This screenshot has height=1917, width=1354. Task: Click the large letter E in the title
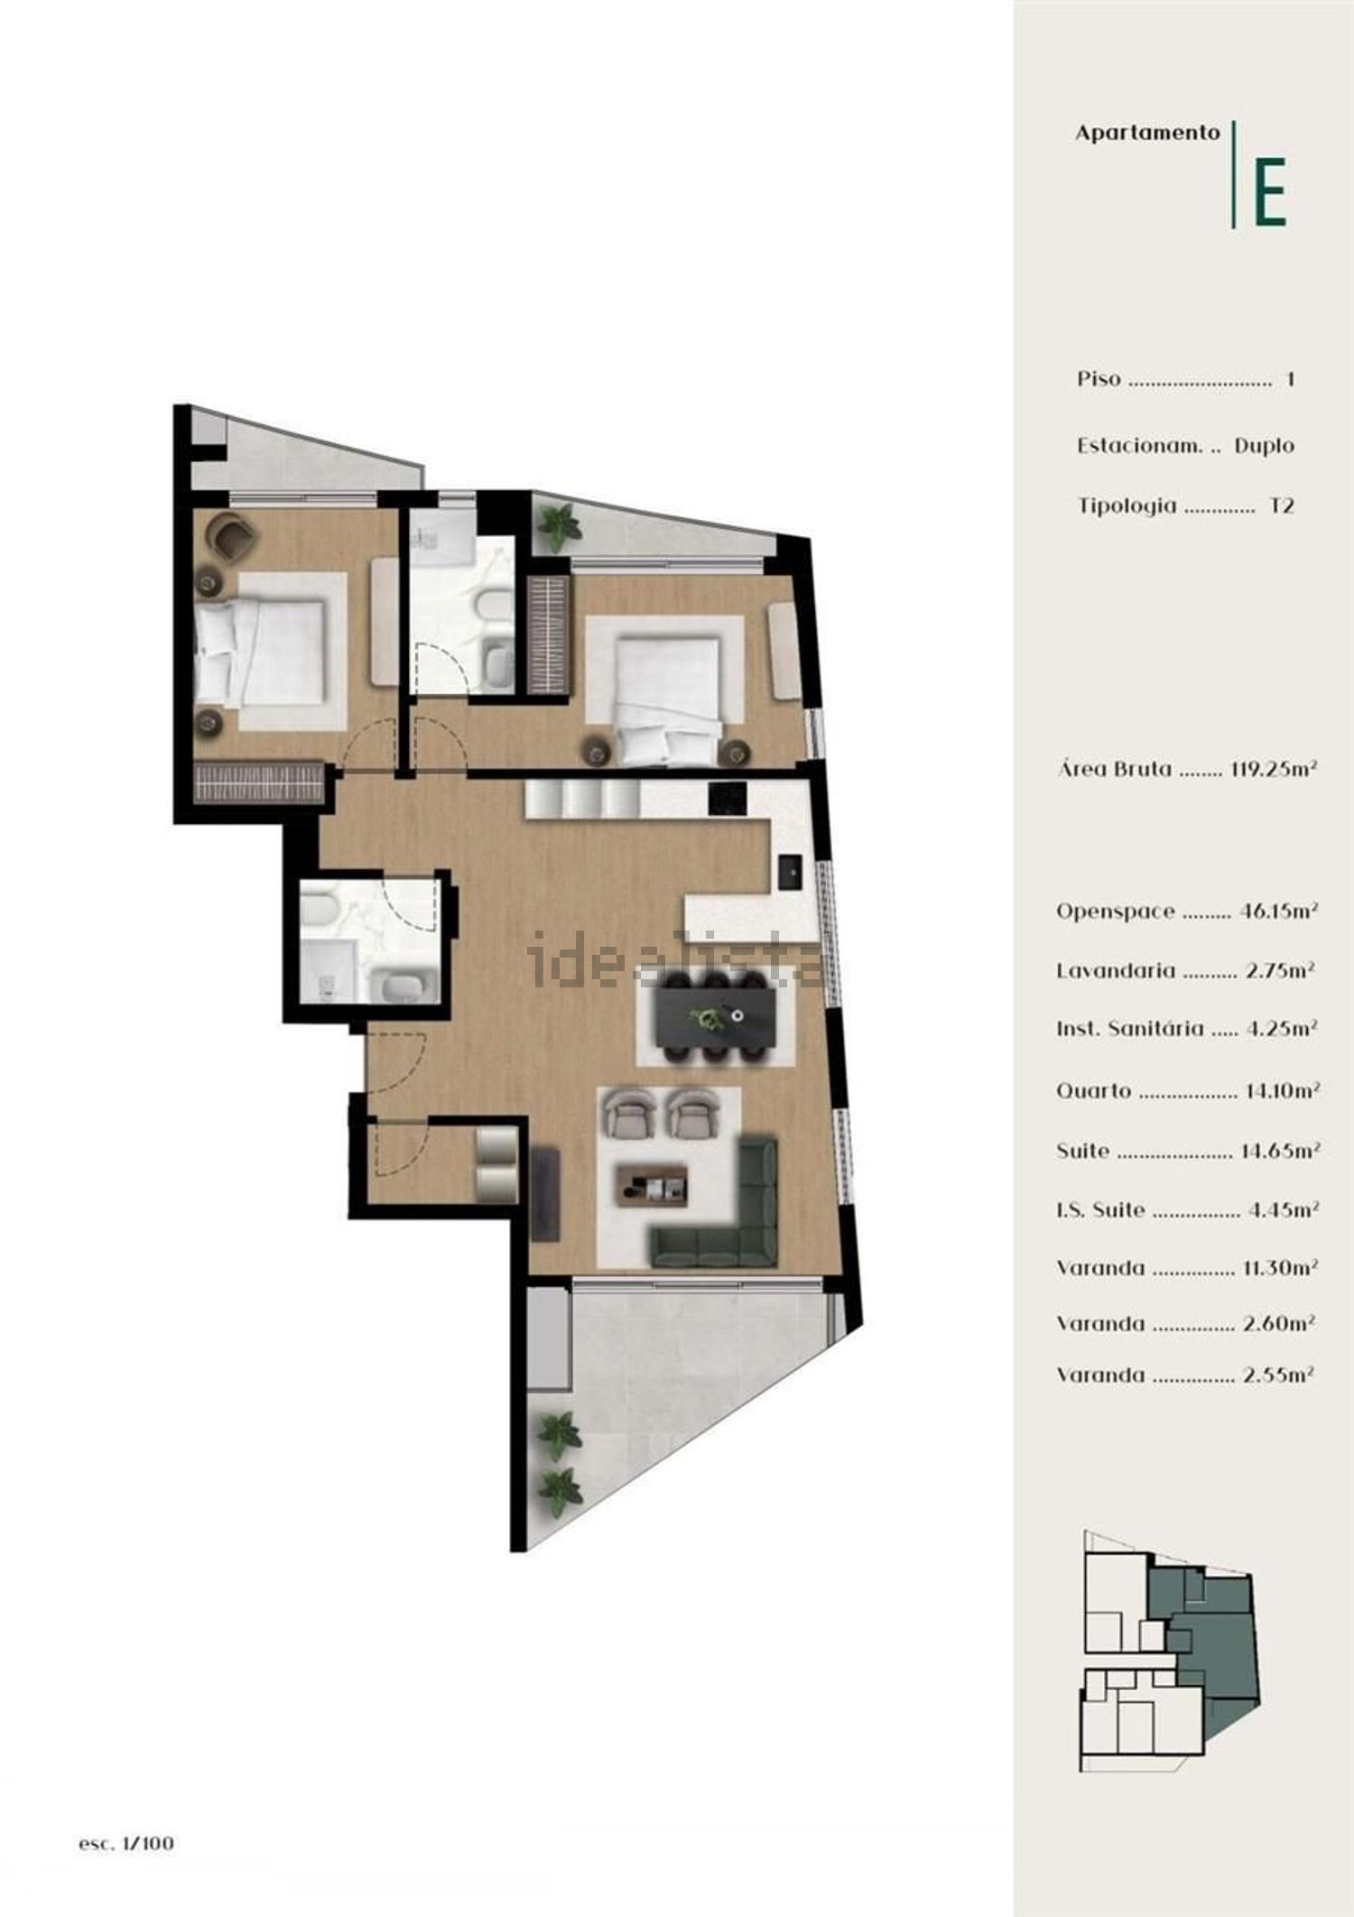pyautogui.click(x=1270, y=192)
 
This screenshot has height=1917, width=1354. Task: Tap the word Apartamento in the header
pyautogui.click(x=1147, y=133)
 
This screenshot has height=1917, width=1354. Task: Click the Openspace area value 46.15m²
pyautogui.click(x=1279, y=911)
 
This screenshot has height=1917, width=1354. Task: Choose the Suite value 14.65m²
pyautogui.click(x=1281, y=1151)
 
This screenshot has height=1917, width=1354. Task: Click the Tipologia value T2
pyautogui.click(x=1282, y=505)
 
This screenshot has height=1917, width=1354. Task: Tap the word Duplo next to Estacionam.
pyautogui.click(x=1264, y=446)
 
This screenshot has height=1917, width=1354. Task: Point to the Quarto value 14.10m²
pyautogui.click(x=1282, y=1091)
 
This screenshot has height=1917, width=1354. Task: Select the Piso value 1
pyautogui.click(x=1290, y=380)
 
